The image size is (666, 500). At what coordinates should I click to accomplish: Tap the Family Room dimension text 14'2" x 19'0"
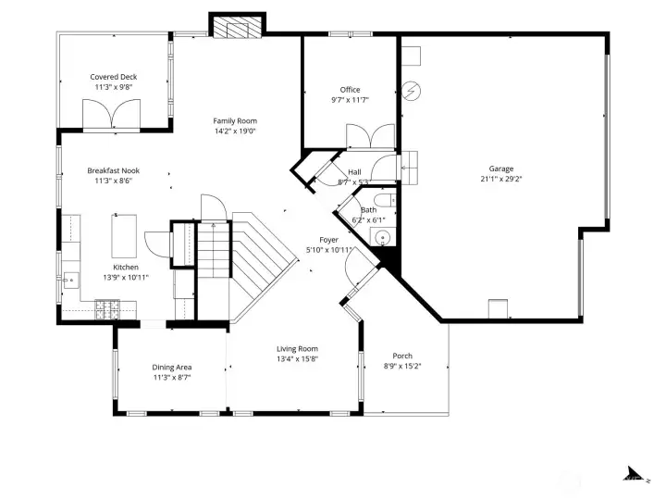tap(235, 131)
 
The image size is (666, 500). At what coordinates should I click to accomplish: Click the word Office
tap(350, 90)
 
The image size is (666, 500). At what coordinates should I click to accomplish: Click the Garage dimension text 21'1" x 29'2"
tap(501, 180)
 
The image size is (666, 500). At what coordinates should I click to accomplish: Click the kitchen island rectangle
tap(125, 235)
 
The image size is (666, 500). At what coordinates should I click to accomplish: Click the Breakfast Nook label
tap(113, 170)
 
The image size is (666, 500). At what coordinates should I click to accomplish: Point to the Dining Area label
tap(170, 368)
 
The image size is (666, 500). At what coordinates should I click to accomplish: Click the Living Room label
tap(297, 349)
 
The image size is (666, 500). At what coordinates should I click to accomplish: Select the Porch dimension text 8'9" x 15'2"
tap(402, 366)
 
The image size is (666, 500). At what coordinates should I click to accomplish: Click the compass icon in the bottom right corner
tap(635, 472)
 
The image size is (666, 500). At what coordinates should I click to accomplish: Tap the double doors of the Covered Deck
tap(110, 116)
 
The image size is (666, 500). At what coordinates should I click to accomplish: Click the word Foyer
tap(329, 240)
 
